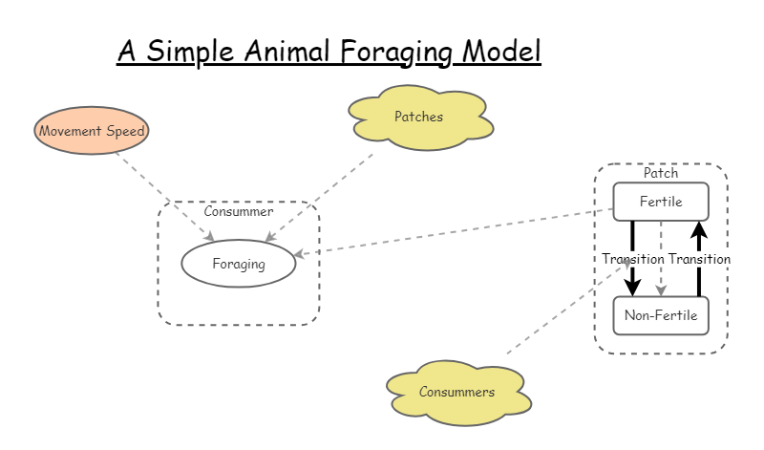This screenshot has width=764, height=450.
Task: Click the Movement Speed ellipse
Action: [x=92, y=131]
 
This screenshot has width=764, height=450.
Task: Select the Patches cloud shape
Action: [x=419, y=117]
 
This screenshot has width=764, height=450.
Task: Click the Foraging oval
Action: [x=239, y=264]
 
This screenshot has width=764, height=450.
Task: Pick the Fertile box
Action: [x=661, y=202]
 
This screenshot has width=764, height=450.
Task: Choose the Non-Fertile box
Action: [x=661, y=315]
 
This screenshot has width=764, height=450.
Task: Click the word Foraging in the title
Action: [x=393, y=51]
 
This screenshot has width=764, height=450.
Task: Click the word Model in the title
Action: [x=501, y=51]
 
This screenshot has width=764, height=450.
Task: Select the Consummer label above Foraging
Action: [x=239, y=212]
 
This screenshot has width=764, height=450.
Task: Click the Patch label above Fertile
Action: [x=661, y=173]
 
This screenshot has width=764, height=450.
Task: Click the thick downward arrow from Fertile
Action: [x=633, y=282]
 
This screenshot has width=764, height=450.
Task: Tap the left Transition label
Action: [x=633, y=259]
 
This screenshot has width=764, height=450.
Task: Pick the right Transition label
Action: [x=699, y=259]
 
